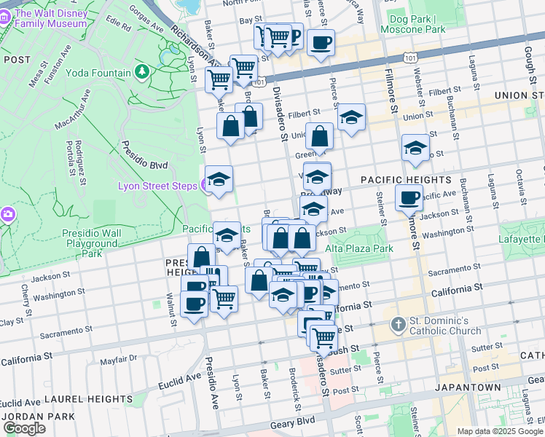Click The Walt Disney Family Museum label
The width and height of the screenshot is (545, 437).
click(x=55, y=20)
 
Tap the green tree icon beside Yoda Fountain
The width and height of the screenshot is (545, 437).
click(x=141, y=72)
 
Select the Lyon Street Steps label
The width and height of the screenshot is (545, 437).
click(x=158, y=186)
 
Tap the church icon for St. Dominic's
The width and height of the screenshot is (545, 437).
click(x=398, y=324)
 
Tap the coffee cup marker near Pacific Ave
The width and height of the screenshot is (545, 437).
click(x=409, y=197)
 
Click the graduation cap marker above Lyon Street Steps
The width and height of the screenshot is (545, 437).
click(x=219, y=178)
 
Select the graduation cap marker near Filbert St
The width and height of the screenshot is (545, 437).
click(x=351, y=117)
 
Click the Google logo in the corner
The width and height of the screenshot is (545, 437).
click(x=24, y=428)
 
